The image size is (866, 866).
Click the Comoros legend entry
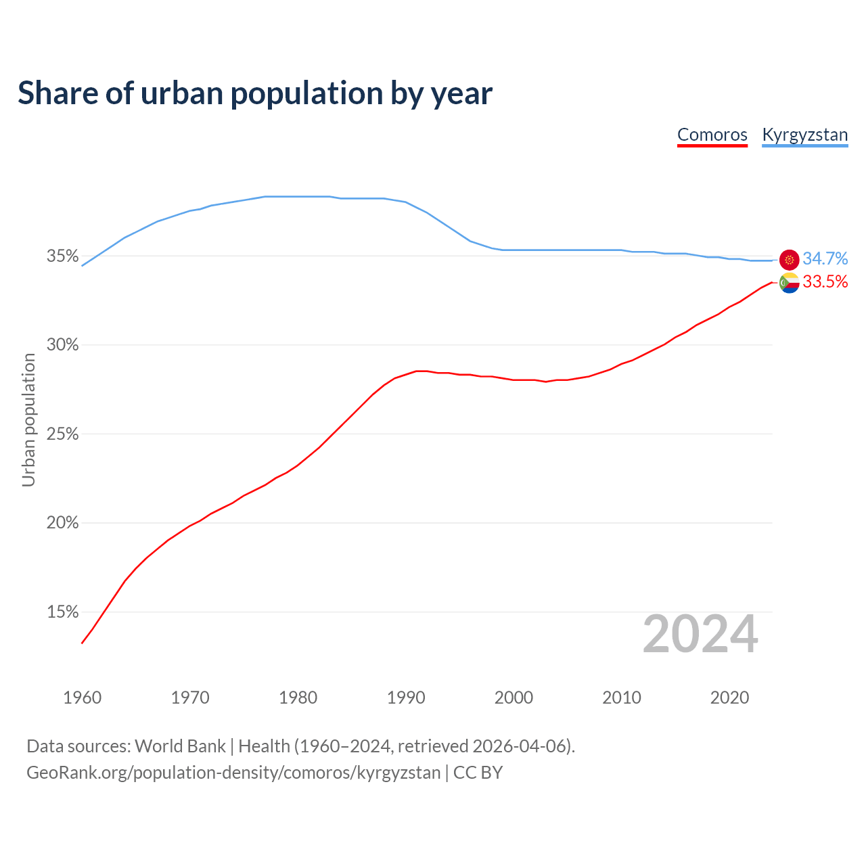[712, 135]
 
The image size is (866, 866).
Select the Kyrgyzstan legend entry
[804, 135]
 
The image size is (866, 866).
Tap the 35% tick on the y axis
[62, 256]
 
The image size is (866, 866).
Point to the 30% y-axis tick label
[62, 345]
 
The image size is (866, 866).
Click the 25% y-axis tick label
[62, 434]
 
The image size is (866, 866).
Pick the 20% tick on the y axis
[62, 523]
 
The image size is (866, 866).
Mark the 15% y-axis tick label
[62, 612]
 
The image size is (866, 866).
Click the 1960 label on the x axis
[82, 698]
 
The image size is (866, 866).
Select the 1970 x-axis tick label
[190, 698]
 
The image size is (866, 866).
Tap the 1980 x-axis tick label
[298, 698]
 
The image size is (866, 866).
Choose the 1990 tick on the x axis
[406, 698]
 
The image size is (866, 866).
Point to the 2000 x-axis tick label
[514, 698]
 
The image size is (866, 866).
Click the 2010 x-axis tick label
[622, 698]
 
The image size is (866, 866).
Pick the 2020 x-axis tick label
[729, 698]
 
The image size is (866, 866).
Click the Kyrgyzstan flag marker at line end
[790, 260]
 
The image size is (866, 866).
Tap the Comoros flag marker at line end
[790, 283]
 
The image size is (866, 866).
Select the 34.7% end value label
[825, 259]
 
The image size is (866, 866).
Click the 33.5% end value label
[825, 282]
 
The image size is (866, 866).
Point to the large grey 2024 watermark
[700, 635]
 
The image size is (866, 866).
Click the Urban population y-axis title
[28, 419]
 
